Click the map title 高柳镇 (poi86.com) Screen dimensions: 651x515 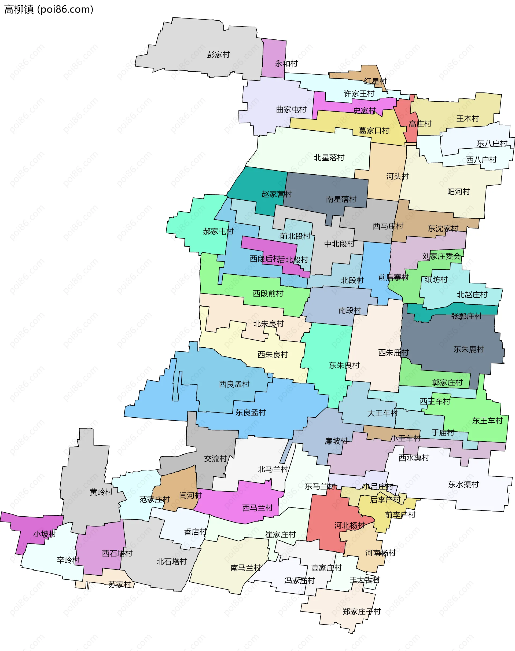coord(49,10)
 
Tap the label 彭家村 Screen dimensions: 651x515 coord(218,54)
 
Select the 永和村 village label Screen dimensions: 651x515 coord(286,64)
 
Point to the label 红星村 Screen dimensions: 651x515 coord(375,81)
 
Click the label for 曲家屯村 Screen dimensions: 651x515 coord(291,109)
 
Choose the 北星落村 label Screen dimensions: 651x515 coord(329,158)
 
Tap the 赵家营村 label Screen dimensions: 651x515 coord(277,194)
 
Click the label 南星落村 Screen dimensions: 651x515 coord(341,199)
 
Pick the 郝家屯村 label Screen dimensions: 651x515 coord(218,231)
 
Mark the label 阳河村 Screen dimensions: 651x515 coord(458,192)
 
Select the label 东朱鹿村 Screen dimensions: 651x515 coord(469,349)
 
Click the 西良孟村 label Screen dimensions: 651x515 coord(234,384)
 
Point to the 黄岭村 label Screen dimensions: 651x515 coord(101,492)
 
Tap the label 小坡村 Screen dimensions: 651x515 coord(45,534)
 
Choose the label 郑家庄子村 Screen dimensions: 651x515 coord(362,612)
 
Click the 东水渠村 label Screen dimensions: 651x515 coord(463,484)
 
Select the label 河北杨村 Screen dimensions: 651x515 coord(350,525)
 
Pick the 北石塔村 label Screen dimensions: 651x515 coord(172,561)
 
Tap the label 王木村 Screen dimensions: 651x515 coord(468,119)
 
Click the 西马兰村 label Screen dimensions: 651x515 coord(257,508)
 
